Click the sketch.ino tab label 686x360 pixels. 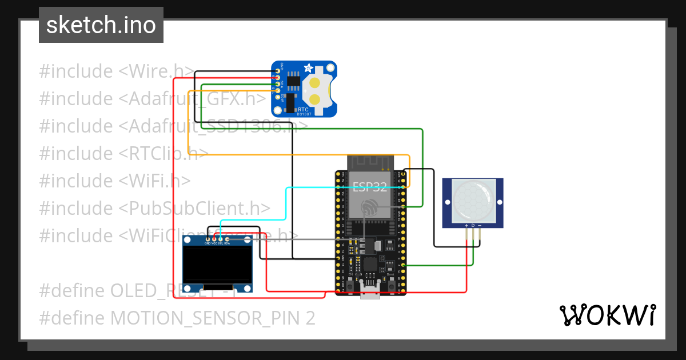(x=101, y=25)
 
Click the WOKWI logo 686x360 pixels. (x=607, y=315)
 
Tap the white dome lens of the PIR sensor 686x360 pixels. (x=472, y=201)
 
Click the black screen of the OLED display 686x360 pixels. (x=217, y=263)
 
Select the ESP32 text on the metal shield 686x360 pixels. (x=369, y=186)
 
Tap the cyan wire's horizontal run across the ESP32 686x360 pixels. (x=343, y=187)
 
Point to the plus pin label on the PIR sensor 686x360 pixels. (x=467, y=226)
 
